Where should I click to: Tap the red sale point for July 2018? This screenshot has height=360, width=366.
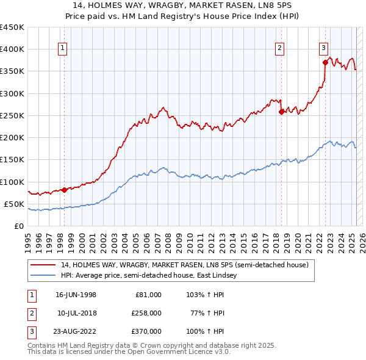[281, 112]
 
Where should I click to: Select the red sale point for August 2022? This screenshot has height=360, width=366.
[325, 62]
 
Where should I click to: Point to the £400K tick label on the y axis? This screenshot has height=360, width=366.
[12, 49]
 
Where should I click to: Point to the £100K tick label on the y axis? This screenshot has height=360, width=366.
[12, 182]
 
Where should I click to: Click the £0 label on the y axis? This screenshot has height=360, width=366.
[18, 226]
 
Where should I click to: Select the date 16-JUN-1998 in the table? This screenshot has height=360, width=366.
[76, 295]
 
